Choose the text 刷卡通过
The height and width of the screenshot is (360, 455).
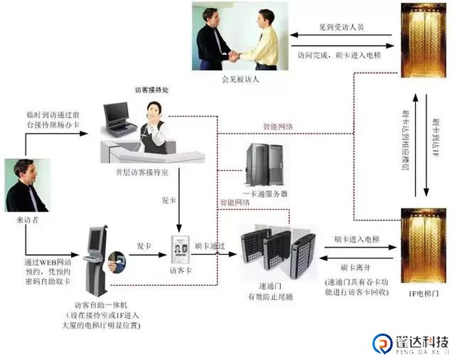[210, 245]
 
